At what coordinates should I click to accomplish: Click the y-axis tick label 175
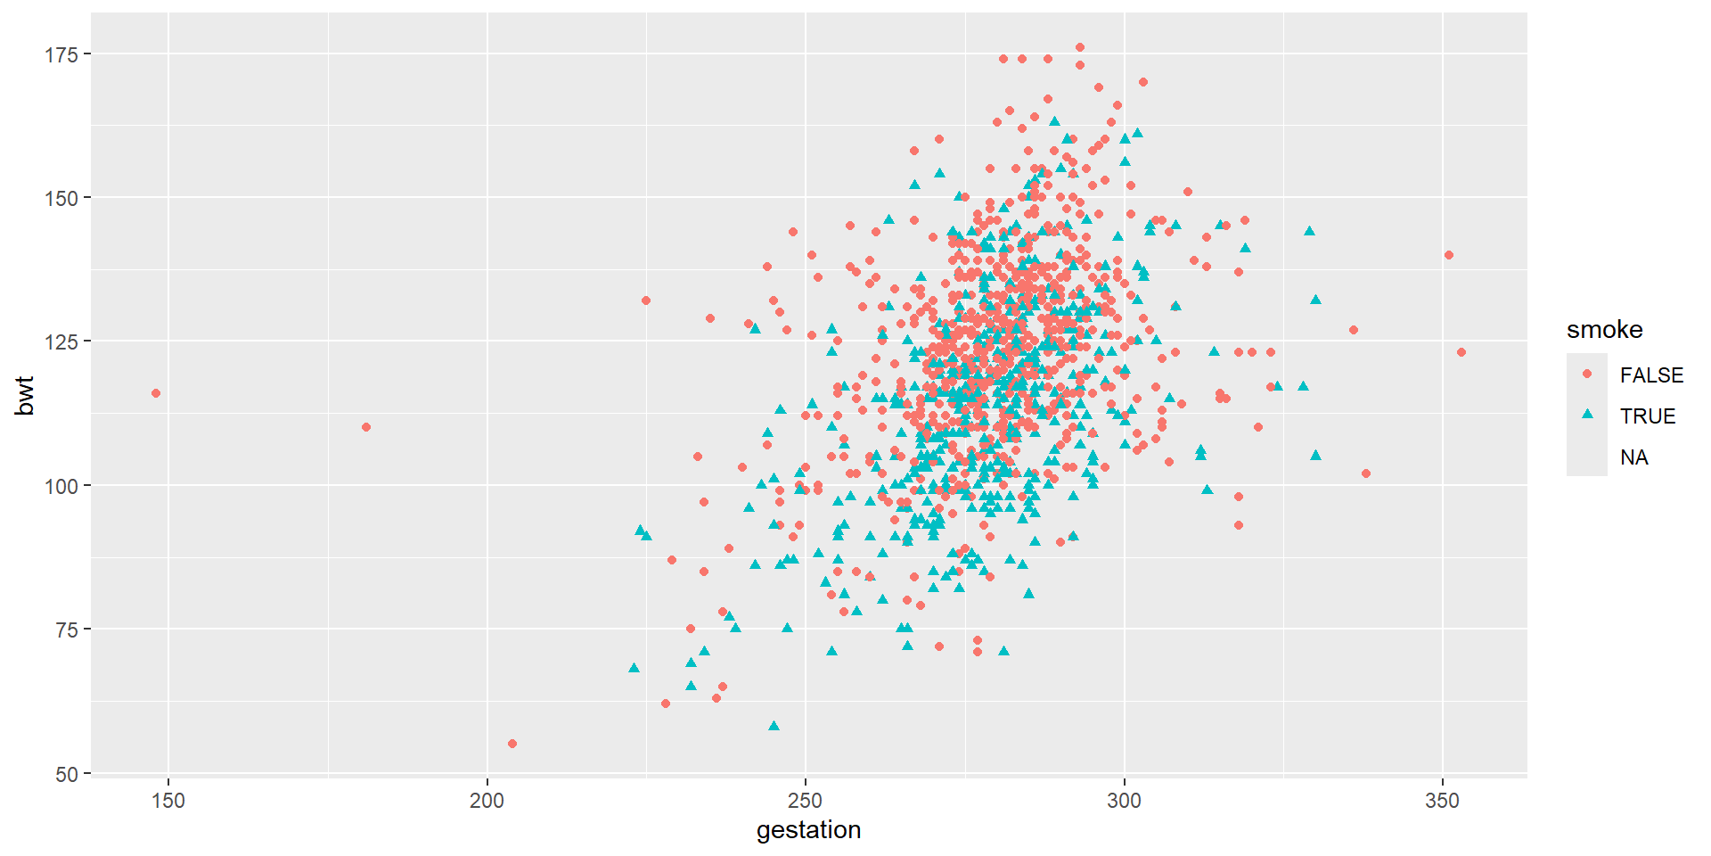62,54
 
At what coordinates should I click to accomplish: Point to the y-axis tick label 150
62,198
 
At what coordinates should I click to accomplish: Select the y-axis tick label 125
62,342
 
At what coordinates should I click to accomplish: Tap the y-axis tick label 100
62,486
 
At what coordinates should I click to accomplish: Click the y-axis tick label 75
68,630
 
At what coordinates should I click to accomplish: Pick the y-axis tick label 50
68,774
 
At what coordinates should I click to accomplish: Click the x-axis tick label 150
168,801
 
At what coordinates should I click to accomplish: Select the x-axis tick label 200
487,801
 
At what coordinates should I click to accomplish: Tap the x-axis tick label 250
806,801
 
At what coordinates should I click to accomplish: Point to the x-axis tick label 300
1124,801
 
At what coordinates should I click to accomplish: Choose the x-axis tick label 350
1442,801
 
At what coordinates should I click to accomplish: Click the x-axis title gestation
808,830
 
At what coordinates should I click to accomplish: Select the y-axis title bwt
25,396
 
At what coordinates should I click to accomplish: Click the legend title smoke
1604,330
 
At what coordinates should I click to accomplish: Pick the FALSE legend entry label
1651,375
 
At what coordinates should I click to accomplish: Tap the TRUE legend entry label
1648,416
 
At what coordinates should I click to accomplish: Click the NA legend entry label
1634,457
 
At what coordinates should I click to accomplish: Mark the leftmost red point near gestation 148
156,393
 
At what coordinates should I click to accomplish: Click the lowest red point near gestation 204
512,744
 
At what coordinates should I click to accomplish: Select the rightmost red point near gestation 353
1461,352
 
